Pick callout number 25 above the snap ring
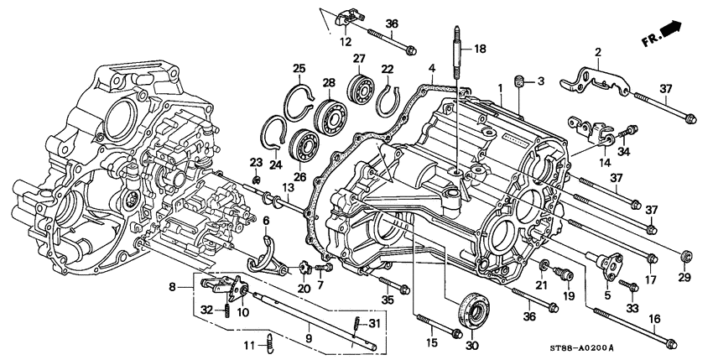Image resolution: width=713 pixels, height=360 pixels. pyautogui.click(x=297, y=69)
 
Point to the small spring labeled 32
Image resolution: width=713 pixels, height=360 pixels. pyautogui.click(x=227, y=311)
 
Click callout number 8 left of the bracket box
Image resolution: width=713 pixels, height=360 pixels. pyautogui.click(x=174, y=285)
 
